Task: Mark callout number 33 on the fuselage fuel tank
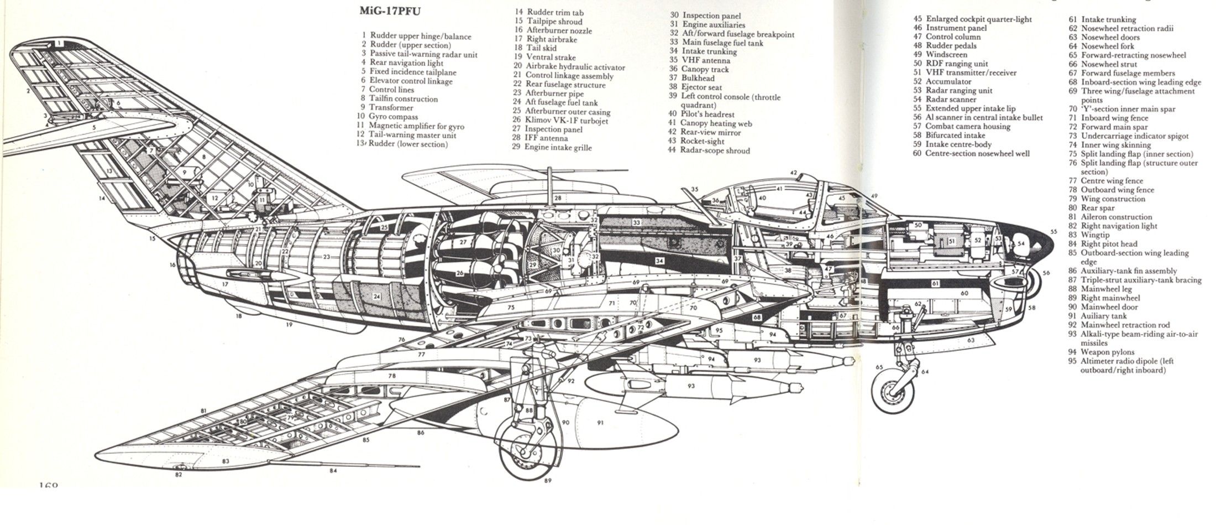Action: (637, 222)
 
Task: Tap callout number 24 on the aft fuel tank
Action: (376, 297)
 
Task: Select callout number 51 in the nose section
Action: (951, 241)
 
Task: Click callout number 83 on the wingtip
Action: (226, 461)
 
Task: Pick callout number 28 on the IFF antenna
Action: (558, 197)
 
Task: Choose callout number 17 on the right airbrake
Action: (225, 284)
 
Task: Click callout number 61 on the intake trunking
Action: (935, 283)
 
